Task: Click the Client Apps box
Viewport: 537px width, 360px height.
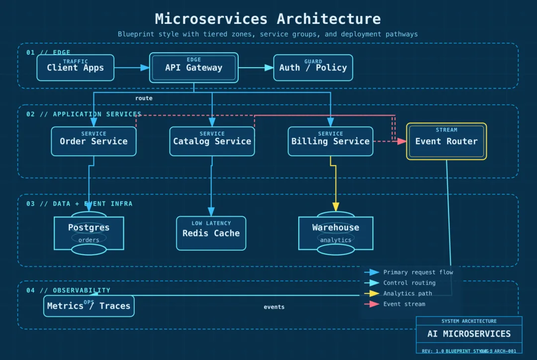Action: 75,68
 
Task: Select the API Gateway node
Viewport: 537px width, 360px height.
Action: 194,68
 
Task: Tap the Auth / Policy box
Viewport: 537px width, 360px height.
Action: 313,68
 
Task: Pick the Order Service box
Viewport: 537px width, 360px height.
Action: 93,141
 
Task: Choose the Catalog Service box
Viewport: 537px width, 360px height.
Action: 212,141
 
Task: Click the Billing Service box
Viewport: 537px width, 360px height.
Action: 330,141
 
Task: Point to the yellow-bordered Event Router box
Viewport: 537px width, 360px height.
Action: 446,141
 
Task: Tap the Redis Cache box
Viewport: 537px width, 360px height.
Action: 211,233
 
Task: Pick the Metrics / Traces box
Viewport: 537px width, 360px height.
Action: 89,306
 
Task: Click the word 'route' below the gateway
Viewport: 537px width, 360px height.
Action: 144,98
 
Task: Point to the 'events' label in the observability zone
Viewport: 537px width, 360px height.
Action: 274,307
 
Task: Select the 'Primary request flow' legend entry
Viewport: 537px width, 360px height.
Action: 418,272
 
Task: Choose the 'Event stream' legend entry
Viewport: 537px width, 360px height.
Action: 404,304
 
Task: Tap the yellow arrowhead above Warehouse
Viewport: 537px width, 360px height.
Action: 336,207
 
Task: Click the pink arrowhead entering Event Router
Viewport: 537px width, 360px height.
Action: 402,141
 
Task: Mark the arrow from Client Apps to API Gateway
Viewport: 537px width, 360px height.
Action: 132,68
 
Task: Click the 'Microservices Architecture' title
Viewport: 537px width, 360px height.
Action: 268,19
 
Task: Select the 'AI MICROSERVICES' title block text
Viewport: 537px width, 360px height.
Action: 469,334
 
